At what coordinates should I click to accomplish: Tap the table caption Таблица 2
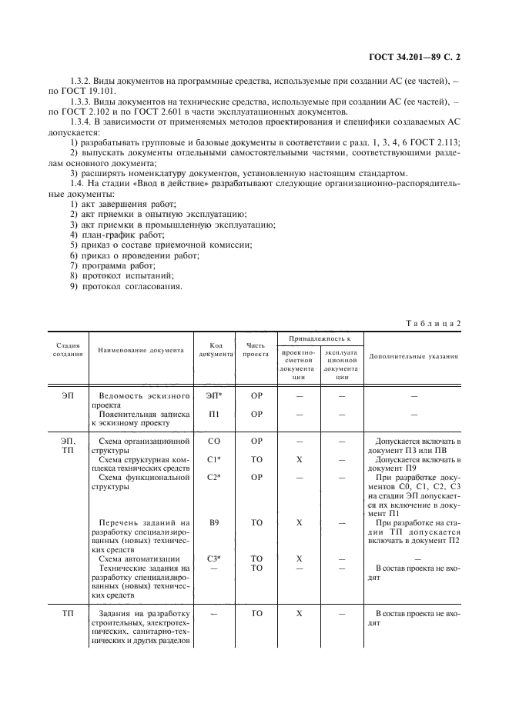click(434, 323)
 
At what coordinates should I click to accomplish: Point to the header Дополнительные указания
click(414, 357)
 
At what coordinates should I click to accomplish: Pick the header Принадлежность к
click(315, 338)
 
